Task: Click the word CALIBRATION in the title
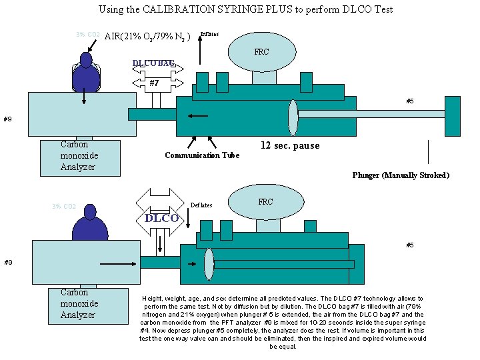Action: pyautogui.click(x=184, y=9)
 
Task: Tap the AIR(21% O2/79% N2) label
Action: pyautogui.click(x=148, y=36)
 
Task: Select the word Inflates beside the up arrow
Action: pyautogui.click(x=209, y=34)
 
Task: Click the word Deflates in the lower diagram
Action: pyautogui.click(x=202, y=205)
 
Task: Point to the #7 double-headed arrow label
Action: pyautogui.click(x=155, y=83)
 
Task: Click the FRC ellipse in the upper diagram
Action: pyautogui.click(x=262, y=52)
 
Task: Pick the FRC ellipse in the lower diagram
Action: pyautogui.click(x=265, y=203)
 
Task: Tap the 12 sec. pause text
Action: pyautogui.click(x=289, y=145)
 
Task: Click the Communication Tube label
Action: pyautogui.click(x=202, y=155)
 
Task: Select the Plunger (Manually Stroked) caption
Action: pyautogui.click(x=401, y=175)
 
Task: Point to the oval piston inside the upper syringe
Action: pyautogui.click(x=293, y=117)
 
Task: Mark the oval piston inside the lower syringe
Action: pyautogui.click(x=209, y=264)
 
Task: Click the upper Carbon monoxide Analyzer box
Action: pyautogui.click(x=81, y=157)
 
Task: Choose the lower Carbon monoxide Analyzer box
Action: pyautogui.click(x=89, y=305)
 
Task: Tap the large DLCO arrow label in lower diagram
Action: pyautogui.click(x=161, y=218)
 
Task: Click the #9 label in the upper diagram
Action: pyautogui.click(x=7, y=119)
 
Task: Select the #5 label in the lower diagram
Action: pyautogui.click(x=409, y=245)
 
